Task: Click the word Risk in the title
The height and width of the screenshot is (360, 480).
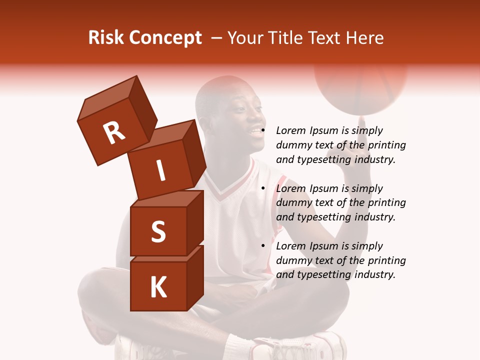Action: point(105,38)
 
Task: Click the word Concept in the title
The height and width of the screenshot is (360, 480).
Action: point(165,38)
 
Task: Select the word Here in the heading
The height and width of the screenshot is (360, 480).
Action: point(366,38)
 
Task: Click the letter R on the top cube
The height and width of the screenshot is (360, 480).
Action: point(114,132)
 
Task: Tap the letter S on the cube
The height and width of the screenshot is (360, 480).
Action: point(158,231)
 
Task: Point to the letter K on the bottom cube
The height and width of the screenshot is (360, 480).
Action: point(158,288)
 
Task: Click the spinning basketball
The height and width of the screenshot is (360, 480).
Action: point(360,85)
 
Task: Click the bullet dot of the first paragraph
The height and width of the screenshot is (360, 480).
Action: point(263,131)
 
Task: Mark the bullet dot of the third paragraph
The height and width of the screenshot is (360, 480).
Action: point(263,246)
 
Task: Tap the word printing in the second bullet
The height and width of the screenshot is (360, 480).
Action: point(386,203)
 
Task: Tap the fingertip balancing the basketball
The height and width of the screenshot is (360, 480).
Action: point(363,118)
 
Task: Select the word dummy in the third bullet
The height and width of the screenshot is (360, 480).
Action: point(293,260)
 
